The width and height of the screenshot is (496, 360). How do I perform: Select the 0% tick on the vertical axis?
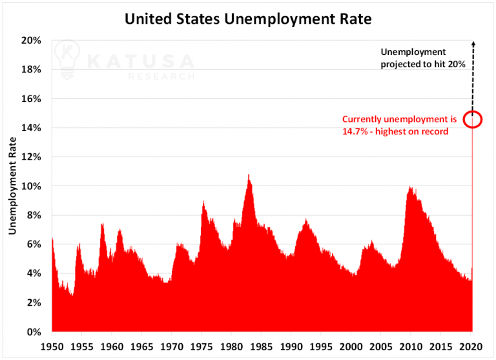pos(34,332)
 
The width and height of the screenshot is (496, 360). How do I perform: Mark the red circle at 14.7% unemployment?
pos(473,119)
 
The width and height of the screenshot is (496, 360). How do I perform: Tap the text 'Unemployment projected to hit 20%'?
pos(413,58)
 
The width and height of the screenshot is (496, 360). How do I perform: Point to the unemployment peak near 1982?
pos(249,175)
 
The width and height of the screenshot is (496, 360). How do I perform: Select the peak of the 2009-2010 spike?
pos(410,188)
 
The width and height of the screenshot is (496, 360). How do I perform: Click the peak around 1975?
pos(203,202)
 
